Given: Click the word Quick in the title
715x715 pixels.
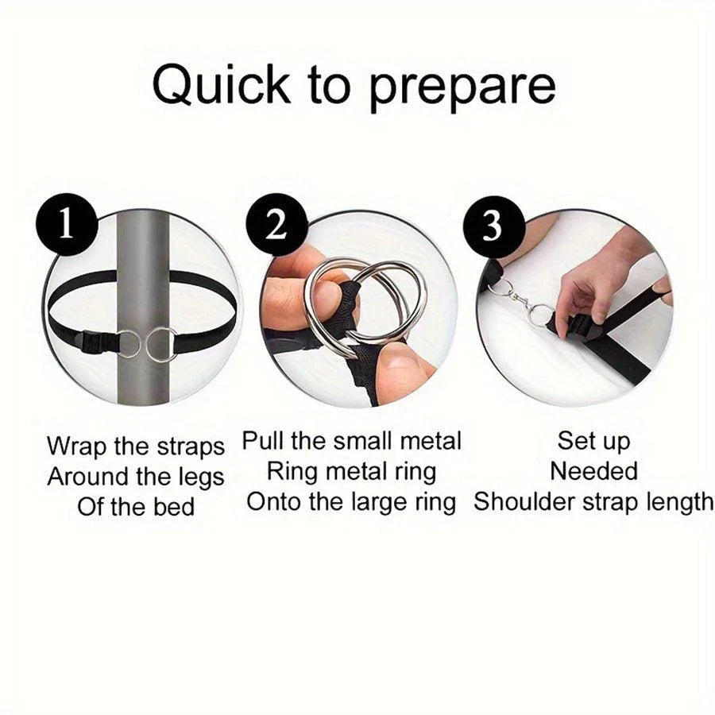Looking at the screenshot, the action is pos(221,85).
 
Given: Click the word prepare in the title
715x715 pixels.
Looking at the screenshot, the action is pos(462,90).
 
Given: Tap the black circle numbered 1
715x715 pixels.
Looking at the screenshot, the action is pos(67,224).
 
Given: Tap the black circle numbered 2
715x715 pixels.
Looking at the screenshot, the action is pos(276,224).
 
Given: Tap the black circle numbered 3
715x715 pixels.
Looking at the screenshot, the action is pos(493,226).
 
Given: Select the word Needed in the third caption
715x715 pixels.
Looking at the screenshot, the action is pos(593,471).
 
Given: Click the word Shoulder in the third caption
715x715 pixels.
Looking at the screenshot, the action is pos(524,501).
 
